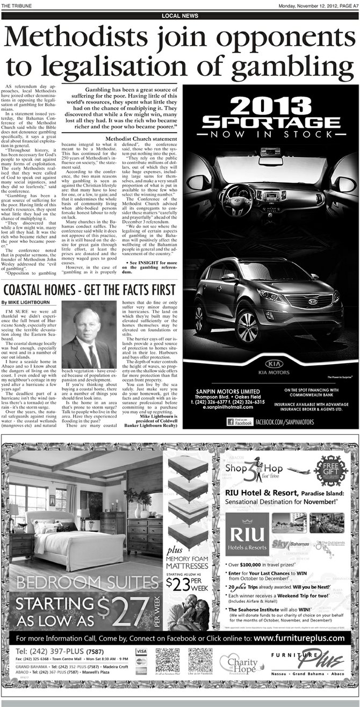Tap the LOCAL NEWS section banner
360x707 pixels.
(179, 16)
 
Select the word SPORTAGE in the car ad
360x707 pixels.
(271, 121)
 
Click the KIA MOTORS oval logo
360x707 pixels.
(271, 362)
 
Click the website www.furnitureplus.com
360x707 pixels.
(299, 638)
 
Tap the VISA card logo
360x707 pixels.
(141, 651)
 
